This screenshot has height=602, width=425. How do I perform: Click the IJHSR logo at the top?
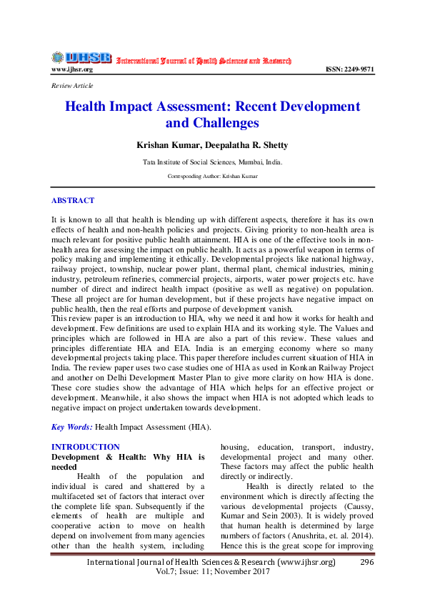pos(81,58)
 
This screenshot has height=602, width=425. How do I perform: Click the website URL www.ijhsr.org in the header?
pos(71,69)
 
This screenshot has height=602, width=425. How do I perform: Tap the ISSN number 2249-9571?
pos(349,69)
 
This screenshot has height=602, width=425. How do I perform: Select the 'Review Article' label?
pos(72,86)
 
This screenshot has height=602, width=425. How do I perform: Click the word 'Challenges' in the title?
pos(212,123)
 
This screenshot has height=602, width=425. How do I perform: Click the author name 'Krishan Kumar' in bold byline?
pos(164,145)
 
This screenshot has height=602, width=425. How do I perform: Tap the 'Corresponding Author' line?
pos(212,176)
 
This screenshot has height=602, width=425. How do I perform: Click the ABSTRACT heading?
pos(72,201)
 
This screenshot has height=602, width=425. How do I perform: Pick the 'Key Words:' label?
pos(72,427)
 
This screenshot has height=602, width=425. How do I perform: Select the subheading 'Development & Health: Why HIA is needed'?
pos(129,460)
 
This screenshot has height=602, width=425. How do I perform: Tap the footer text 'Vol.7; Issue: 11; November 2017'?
pos(212,573)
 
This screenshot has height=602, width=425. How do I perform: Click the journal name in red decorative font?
pos(204,61)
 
